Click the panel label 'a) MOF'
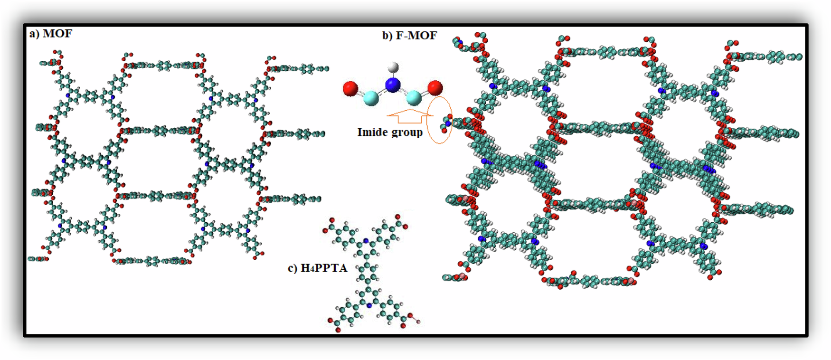pos(50,34)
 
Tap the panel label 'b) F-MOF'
pos(409,36)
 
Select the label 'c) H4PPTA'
pos(318,268)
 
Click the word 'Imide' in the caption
pos(372,133)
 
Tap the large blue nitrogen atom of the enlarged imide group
pos(393,85)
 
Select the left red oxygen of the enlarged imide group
pos(350,88)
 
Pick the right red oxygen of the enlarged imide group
pos(435,88)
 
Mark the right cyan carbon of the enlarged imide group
pos(414,98)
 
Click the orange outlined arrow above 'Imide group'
pos(407,115)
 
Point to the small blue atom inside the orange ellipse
pos(448,123)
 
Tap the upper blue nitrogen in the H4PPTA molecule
pos(367,245)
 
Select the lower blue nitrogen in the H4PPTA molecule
pos(369,306)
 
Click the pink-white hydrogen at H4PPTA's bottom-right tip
pos(418,322)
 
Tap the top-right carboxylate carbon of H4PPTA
pos(400,223)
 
